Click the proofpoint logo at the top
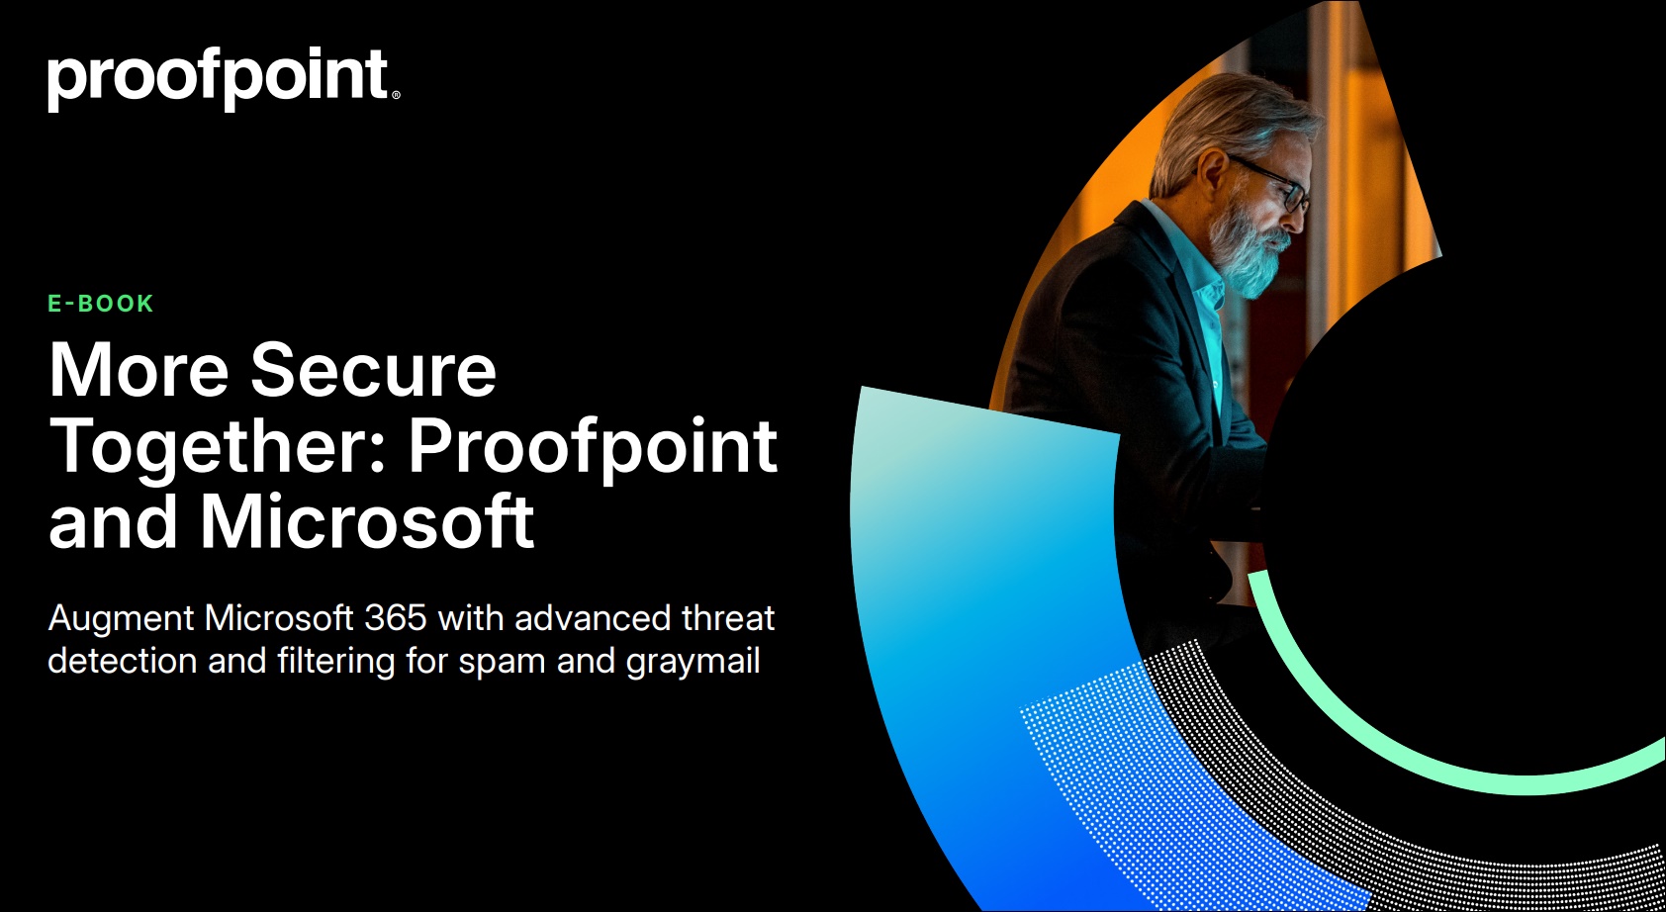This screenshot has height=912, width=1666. pos(224,79)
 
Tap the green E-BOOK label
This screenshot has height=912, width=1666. pos(100,304)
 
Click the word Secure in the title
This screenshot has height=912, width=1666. pos(373,370)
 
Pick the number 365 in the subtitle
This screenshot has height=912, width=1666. pos(396,618)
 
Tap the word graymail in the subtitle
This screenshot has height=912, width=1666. pos(693,662)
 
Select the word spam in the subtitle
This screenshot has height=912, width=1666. pos(502,663)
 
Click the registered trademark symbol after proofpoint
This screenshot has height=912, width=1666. pos(396,95)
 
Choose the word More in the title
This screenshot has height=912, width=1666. pos(139,370)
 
